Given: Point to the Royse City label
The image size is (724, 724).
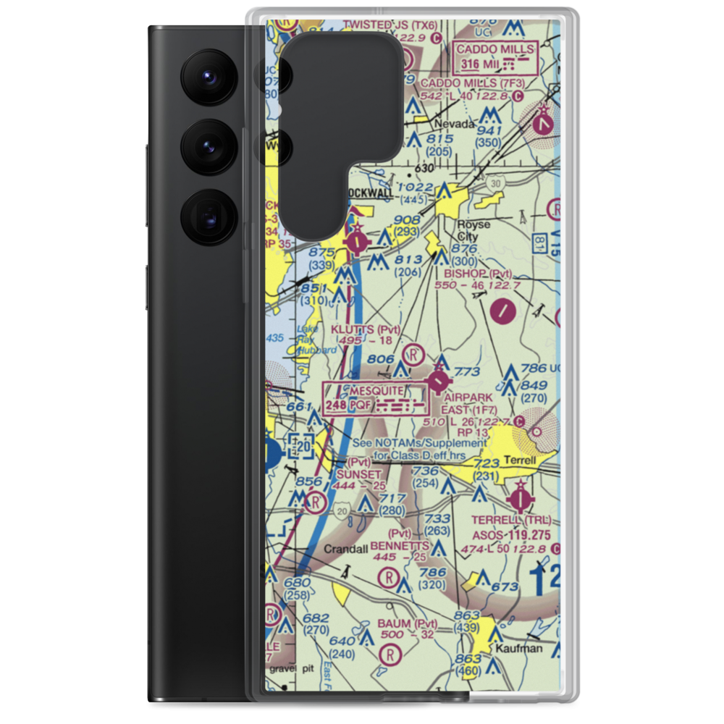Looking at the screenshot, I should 473,230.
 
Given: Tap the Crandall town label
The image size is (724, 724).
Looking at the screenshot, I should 345,549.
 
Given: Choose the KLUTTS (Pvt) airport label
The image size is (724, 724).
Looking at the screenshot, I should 365,329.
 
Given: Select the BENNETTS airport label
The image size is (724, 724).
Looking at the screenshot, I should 400,544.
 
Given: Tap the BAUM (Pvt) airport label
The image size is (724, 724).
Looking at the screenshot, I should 407,623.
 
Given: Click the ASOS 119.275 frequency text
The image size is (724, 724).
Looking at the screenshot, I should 511,535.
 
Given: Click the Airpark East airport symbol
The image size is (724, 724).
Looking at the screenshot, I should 439,379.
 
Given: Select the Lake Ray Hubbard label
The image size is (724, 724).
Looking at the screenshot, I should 316,341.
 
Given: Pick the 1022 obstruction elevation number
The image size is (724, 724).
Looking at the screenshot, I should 416,188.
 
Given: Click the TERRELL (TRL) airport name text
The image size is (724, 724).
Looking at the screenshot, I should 511,521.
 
